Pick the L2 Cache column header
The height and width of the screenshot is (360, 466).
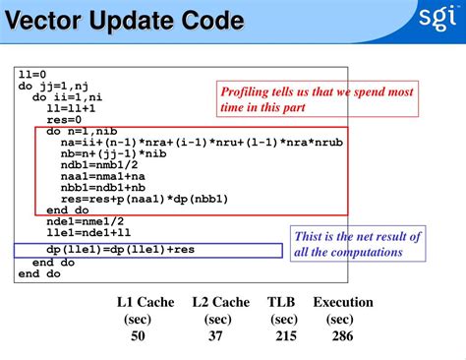tap(221, 302)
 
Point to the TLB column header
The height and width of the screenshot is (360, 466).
tap(283, 302)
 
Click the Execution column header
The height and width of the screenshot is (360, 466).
tap(342, 302)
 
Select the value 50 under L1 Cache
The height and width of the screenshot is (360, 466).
tap(139, 336)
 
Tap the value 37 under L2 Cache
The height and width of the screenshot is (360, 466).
tap(217, 336)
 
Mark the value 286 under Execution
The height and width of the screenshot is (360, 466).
tap(341, 336)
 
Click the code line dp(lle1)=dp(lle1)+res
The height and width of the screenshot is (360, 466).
tap(107, 250)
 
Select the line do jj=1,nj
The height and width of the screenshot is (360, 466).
tap(54, 86)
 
